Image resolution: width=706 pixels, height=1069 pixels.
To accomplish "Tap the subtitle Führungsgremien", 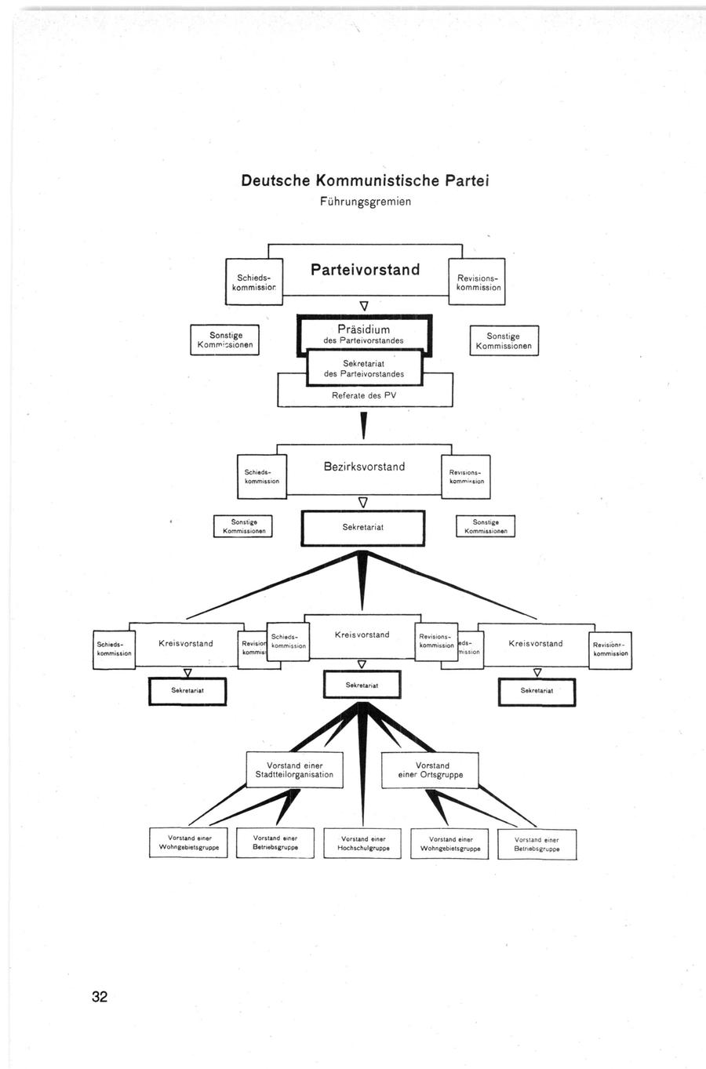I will pos(365,202).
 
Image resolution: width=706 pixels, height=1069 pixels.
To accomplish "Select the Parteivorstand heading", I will pos(365,270).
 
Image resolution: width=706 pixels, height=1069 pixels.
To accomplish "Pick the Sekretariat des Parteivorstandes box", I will pos(363,368).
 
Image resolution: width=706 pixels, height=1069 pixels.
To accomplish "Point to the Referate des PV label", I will pos(364,396).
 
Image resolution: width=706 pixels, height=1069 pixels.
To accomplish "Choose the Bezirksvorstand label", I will pos(364,467).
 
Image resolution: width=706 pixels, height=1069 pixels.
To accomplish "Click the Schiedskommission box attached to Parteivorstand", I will pos(253,282).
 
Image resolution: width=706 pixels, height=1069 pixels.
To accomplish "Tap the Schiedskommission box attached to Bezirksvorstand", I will pos(262,477).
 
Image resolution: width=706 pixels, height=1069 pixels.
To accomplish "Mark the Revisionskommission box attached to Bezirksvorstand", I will pos(466,477).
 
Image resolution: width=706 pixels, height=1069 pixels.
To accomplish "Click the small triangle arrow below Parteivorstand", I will pos(363,305).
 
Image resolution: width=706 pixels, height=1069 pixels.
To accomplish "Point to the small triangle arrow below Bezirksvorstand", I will pos(362,502).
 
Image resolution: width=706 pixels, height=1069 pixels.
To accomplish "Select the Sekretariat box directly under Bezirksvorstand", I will pos(363,528).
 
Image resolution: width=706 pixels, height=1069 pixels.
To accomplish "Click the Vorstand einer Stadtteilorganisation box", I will pos(294,770).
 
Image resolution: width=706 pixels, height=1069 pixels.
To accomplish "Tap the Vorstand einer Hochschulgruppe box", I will pos(362,844).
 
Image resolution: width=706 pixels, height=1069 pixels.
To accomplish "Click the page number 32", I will pos(100,997).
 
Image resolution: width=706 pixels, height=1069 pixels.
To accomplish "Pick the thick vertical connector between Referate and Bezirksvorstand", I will pos(363,426).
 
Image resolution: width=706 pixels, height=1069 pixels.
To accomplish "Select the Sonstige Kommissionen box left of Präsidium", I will pos(224,340).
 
